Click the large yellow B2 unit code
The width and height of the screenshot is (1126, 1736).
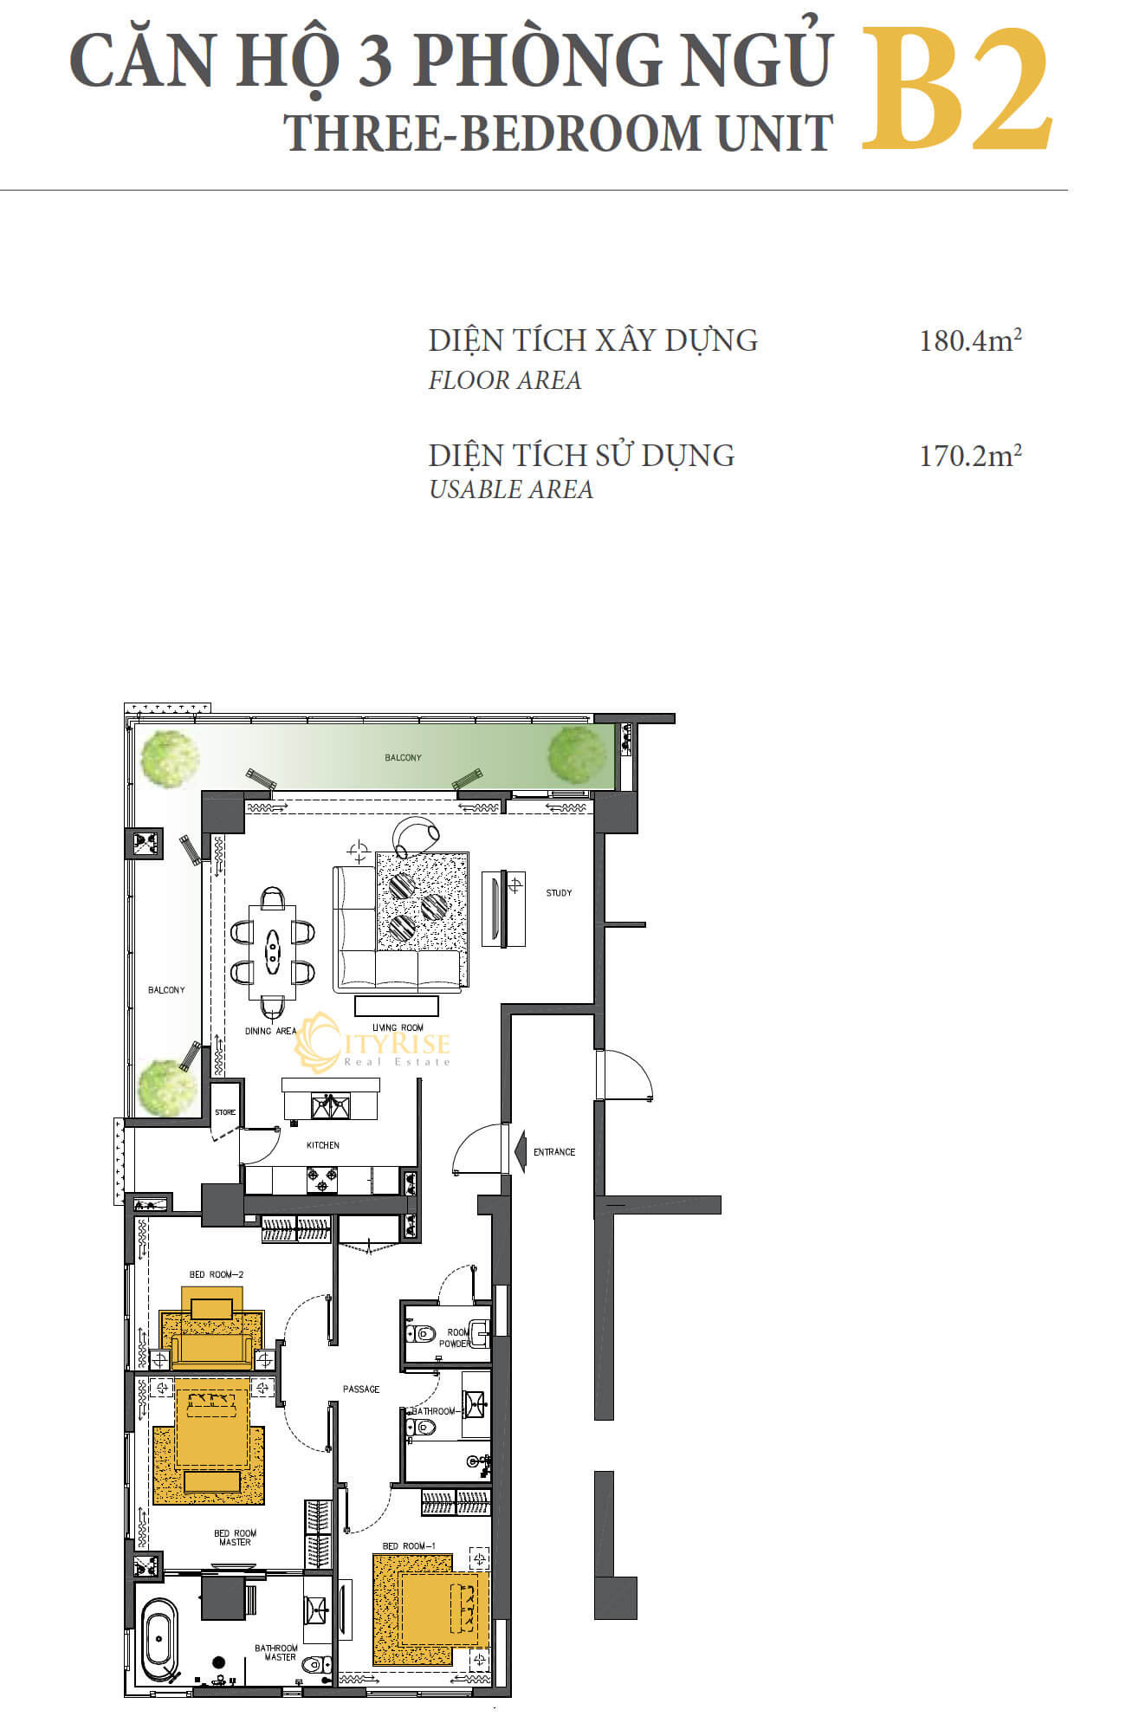click(x=957, y=89)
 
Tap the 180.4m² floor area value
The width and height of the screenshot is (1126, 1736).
click(x=970, y=340)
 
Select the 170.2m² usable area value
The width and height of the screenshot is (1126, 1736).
click(x=970, y=455)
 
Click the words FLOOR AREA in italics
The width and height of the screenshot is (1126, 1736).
click(x=505, y=380)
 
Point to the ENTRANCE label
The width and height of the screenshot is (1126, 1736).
click(x=554, y=1152)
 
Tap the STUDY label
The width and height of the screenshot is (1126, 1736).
click(x=559, y=892)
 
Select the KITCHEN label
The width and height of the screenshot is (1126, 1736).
click(x=323, y=1145)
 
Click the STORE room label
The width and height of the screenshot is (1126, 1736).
click(x=225, y=1112)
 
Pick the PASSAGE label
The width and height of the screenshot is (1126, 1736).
click(x=361, y=1389)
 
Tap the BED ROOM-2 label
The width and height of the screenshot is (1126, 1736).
click(x=217, y=1274)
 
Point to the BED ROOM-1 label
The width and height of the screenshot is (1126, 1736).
click(x=409, y=1545)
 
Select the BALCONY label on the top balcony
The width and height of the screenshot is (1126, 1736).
click(x=403, y=757)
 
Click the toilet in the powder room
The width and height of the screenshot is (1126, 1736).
click(x=421, y=1333)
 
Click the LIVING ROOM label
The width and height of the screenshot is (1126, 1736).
click(x=398, y=1027)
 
